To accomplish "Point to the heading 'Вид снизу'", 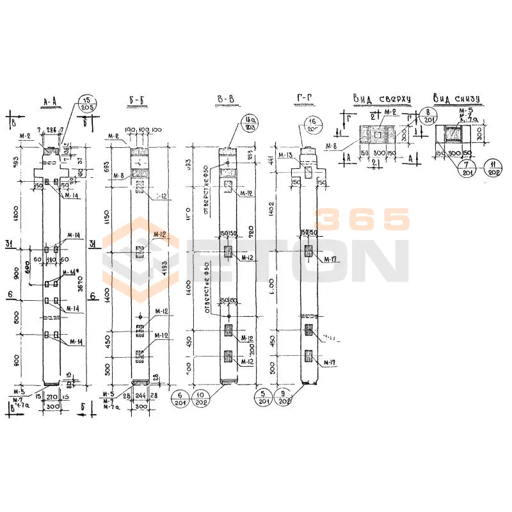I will point(456,99).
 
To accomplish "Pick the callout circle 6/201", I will point(181,397).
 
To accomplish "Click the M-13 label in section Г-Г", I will point(285,156).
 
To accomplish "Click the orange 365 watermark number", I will point(364,220).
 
